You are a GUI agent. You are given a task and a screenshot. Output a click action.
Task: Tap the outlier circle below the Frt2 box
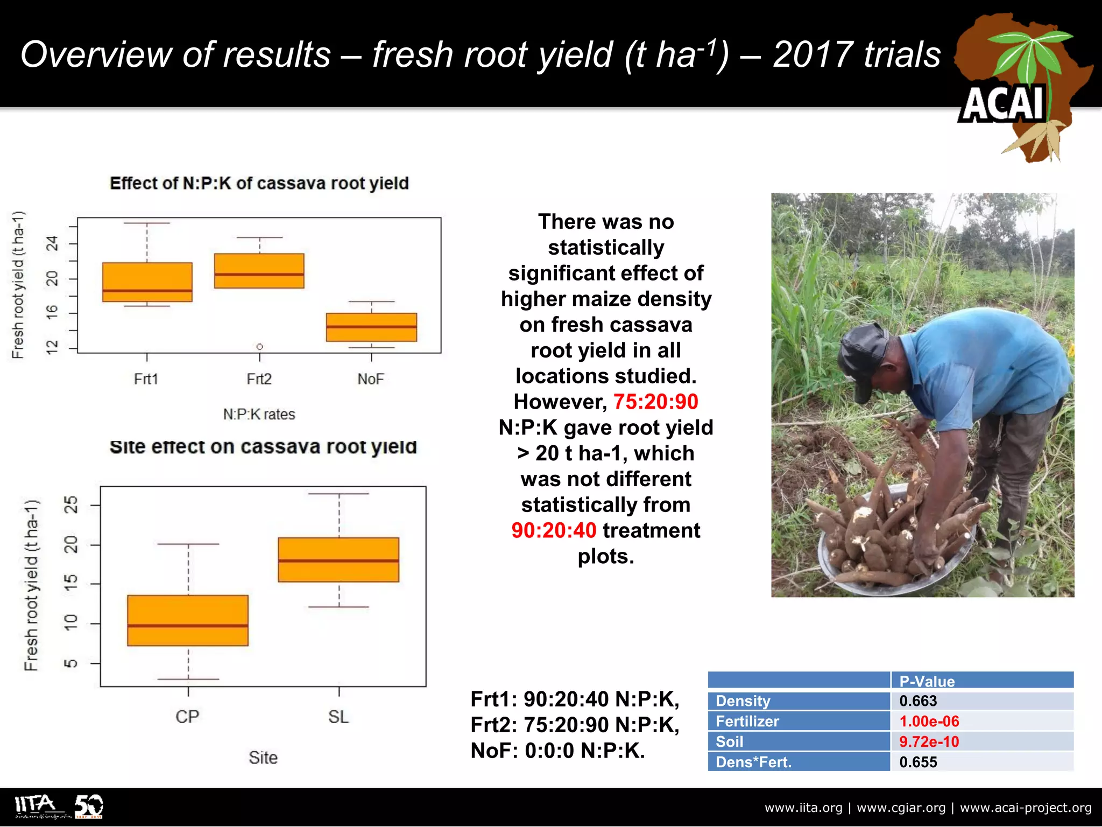pos(259,346)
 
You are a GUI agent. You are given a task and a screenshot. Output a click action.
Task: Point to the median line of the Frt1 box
pos(147,291)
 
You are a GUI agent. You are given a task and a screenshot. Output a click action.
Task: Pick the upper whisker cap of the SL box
pos(338,493)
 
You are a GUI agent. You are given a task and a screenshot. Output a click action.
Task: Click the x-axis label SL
pos(338,717)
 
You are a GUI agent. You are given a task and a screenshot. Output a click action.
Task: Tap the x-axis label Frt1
pos(146,379)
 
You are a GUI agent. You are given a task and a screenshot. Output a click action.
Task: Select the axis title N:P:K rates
pos(259,414)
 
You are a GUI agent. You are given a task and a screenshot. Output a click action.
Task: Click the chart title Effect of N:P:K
pos(259,183)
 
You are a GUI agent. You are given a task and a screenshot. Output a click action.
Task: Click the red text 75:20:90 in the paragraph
pos(655,402)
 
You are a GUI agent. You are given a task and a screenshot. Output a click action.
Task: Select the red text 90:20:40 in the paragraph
pos(554,530)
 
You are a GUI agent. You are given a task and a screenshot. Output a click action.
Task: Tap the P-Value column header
pos(927,681)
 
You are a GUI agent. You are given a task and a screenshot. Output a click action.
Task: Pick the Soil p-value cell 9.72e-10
pos(929,741)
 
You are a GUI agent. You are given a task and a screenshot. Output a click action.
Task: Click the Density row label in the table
pos(743,701)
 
